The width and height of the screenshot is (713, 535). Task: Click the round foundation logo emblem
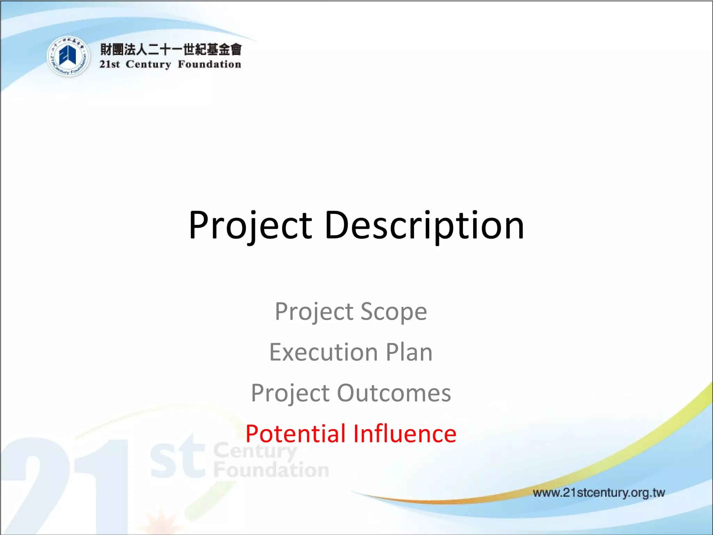pyautogui.click(x=68, y=56)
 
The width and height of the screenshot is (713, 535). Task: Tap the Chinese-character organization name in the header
pyautogui.click(x=171, y=49)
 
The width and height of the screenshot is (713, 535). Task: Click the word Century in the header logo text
pyautogui.click(x=148, y=64)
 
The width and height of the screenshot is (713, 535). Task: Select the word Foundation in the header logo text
pyautogui.click(x=209, y=64)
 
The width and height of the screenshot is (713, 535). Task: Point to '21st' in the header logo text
pyautogui.click(x=109, y=64)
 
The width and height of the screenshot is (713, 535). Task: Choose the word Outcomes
pyautogui.click(x=394, y=393)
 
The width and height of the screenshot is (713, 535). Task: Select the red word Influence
pyautogui.click(x=405, y=434)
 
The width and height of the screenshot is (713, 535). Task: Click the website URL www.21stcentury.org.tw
pyautogui.click(x=598, y=493)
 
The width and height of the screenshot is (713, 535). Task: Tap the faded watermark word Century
pyautogui.click(x=255, y=451)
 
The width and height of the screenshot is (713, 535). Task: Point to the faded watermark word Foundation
pyautogui.click(x=271, y=470)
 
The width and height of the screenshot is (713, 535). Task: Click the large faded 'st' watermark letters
pyautogui.click(x=178, y=458)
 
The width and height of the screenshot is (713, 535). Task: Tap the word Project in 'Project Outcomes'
pyautogui.click(x=290, y=393)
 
